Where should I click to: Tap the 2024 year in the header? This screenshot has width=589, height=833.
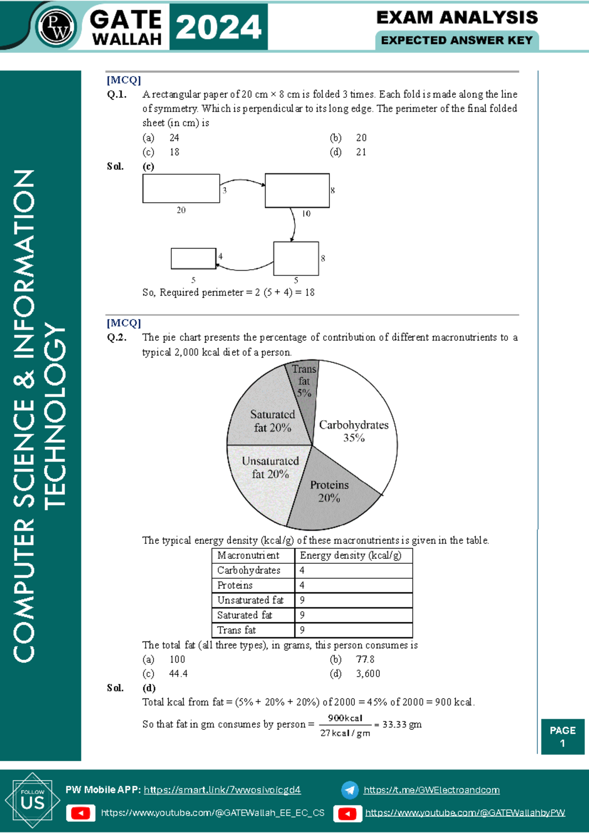click(x=218, y=27)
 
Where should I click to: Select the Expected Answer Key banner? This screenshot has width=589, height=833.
click(x=456, y=40)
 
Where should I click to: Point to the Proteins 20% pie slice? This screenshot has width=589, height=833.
click(x=329, y=496)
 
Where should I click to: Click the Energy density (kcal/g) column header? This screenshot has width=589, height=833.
click(x=350, y=555)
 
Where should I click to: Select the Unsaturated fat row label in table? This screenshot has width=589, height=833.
click(x=250, y=600)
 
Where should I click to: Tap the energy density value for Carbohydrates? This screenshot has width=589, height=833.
click(x=302, y=570)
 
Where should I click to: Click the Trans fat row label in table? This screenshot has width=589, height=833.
click(x=237, y=630)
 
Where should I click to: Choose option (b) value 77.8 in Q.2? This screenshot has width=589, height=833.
click(x=365, y=659)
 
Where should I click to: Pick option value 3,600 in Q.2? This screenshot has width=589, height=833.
click(x=368, y=674)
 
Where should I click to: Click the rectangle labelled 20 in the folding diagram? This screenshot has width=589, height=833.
click(x=181, y=189)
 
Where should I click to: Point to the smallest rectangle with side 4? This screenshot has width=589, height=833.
click(x=193, y=258)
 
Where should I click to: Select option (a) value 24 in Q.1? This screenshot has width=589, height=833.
click(x=174, y=138)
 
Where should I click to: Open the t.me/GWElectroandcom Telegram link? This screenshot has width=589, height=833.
click(x=431, y=790)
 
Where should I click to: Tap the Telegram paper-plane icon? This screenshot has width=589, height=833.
click(x=349, y=790)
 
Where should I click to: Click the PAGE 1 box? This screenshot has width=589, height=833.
click(x=562, y=736)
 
